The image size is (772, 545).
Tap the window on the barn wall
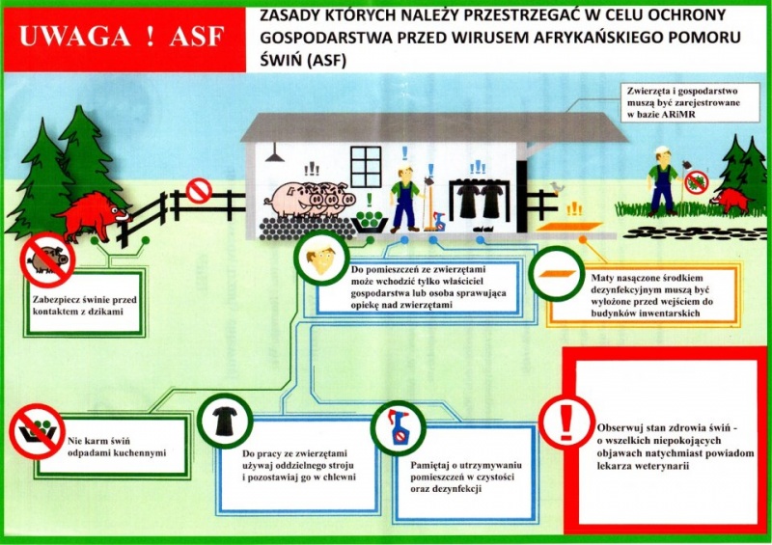click(366, 168)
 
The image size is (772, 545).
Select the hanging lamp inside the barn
click(274, 152)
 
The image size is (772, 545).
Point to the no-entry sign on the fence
click(199, 191)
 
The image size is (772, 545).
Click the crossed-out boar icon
click(47, 259)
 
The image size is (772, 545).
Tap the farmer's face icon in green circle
click(321, 258)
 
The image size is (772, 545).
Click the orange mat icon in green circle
click(557, 274)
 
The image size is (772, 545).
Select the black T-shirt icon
click(225, 421)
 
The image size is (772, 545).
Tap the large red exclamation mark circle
click(567, 422)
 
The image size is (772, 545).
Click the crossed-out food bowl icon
click(37, 431)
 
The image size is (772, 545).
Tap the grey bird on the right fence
click(557, 187)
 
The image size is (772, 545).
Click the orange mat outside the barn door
click(569, 227)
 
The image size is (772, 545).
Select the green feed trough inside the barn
click(371, 219)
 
